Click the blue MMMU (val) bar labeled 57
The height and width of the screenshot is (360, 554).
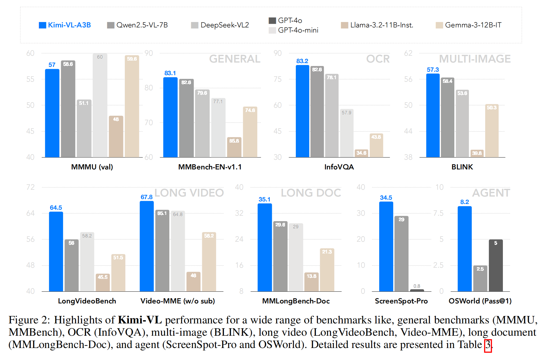pos(52,114)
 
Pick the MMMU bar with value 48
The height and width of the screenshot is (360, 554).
pos(116,137)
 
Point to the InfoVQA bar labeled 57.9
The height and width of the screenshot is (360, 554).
pos(346,134)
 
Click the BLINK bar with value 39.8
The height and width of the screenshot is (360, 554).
pos(477,154)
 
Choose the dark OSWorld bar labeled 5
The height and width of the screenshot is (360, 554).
pos(496,266)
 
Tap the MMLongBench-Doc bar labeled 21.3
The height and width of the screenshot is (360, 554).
pos(327,270)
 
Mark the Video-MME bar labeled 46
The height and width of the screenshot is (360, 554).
pos(193,282)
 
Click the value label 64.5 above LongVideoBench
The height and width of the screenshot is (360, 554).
pos(56,208)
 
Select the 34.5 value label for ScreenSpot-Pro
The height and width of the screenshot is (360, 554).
pos(386,198)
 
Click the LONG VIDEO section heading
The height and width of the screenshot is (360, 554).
pos(189,193)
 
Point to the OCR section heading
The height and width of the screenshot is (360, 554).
pos(378,59)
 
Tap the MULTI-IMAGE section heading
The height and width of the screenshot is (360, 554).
pos(475,59)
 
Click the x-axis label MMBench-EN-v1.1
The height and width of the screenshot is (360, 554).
pos(210,167)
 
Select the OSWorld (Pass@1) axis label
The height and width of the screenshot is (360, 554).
pos(480,301)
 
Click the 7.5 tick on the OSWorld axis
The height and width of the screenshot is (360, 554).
pos(438,213)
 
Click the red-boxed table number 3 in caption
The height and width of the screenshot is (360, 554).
pos(488,345)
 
